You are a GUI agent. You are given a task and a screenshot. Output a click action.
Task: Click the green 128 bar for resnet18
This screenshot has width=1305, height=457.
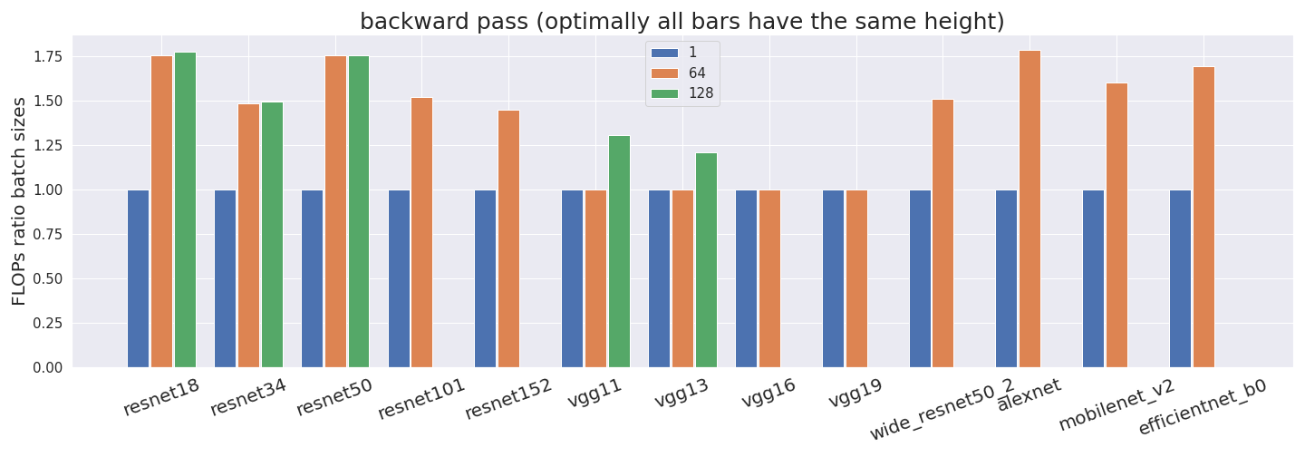185,209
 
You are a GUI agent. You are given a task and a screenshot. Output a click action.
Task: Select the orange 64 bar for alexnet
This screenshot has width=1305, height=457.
1029,209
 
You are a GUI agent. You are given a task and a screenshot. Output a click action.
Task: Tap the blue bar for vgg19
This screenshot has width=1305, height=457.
833,278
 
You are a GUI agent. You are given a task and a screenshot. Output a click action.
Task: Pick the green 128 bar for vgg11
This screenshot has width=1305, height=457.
619,251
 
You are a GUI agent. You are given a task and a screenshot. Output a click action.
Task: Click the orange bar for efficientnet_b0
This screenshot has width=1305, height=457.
1203,217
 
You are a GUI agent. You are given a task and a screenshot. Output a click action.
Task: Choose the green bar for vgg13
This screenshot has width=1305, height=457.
706,260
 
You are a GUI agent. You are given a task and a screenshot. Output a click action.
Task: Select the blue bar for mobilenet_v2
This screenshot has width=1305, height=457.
1093,278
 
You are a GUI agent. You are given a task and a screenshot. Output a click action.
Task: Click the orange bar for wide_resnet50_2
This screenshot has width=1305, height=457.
942,233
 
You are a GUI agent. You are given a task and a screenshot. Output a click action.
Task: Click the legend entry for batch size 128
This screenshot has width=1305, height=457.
700,92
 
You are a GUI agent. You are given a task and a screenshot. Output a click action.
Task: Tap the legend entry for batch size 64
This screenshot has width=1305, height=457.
697,73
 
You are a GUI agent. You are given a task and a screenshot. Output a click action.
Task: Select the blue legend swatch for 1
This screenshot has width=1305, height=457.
664,53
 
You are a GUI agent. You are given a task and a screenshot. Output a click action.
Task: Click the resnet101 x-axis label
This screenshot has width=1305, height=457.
421,399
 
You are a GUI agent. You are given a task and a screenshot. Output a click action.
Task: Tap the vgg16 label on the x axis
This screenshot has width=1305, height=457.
768,394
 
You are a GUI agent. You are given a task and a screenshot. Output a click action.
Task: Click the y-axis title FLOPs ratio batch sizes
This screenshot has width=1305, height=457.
19,200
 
